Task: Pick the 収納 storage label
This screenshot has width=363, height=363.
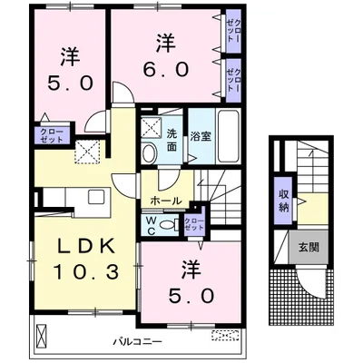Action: tap(282, 201)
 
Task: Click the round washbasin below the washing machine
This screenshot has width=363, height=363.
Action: tap(149, 155)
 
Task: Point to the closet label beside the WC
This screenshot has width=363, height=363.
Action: tap(193, 224)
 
